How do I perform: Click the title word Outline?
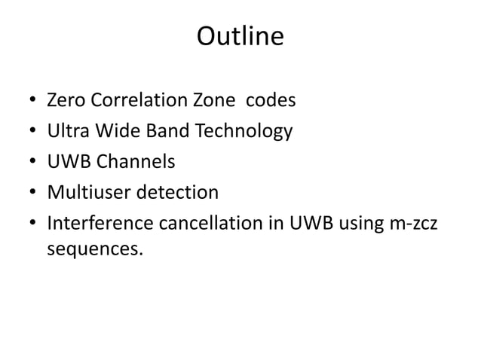coord(240,37)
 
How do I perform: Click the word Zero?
coord(66,101)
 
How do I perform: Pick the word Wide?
coord(114,132)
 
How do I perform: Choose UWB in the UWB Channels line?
coord(69,163)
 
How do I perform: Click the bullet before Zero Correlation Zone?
coord(30,102)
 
